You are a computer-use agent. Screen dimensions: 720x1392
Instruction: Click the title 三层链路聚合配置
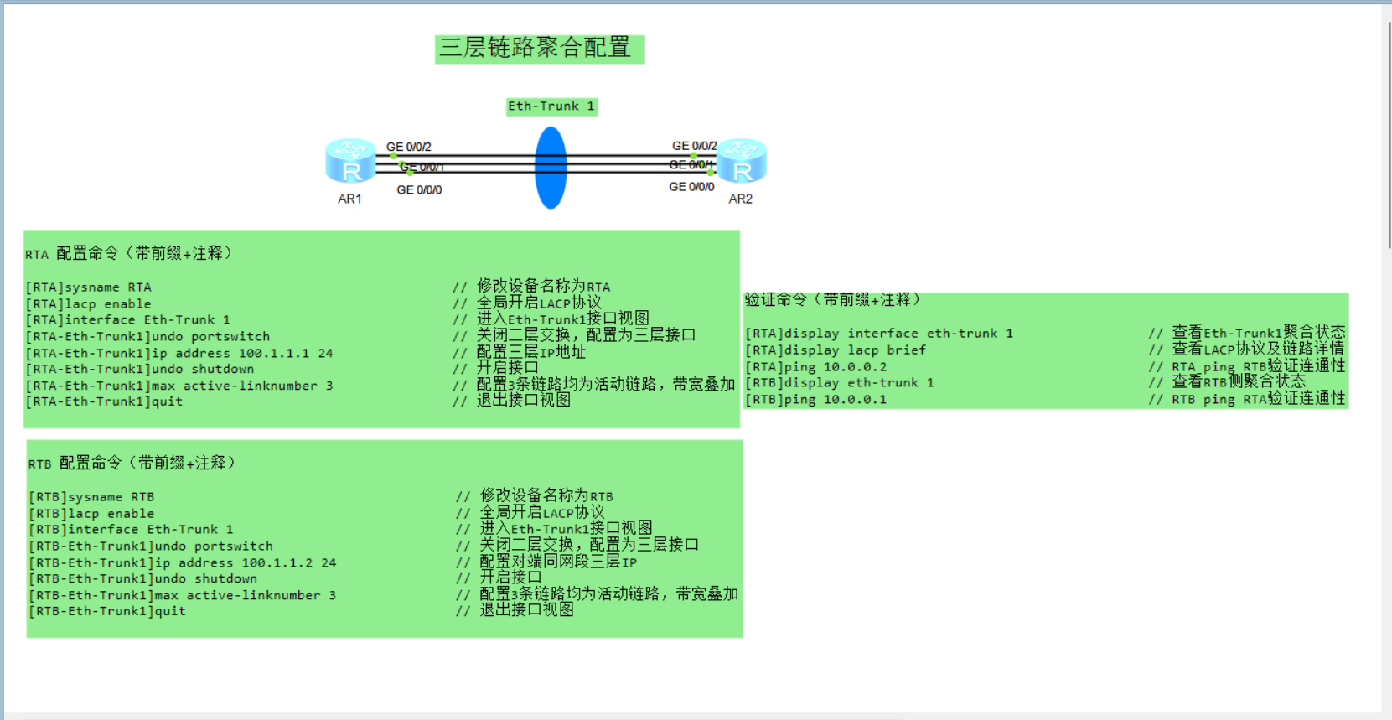[539, 48]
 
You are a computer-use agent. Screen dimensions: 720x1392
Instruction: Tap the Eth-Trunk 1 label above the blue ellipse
[551, 106]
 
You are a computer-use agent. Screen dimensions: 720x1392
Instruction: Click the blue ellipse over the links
[551, 168]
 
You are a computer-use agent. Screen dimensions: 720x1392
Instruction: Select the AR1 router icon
[349, 161]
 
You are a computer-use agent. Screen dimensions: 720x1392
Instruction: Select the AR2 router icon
[742, 161]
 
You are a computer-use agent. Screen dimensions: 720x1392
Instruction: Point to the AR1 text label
[349, 199]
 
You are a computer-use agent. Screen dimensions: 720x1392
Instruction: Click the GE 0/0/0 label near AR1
[419, 190]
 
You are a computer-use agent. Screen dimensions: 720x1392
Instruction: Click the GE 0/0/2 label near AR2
[694, 146]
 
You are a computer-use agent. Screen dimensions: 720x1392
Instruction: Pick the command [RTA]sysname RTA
[89, 287]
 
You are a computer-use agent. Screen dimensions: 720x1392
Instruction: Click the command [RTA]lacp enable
[89, 304]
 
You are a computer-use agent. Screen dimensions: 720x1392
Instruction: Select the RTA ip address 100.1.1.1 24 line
[179, 354]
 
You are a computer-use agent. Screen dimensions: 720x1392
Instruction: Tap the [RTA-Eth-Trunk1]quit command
[104, 401]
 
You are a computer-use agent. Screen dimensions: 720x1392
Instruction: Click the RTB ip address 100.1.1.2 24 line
[183, 563]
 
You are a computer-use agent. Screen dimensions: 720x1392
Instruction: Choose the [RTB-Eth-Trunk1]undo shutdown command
[143, 579]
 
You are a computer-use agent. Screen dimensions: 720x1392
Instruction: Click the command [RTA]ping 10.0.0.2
[816, 367]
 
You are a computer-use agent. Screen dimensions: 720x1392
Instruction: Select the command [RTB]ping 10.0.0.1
[816, 400]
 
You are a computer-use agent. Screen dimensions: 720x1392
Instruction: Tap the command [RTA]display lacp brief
[836, 350]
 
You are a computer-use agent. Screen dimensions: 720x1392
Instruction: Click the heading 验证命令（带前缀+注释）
[832, 299]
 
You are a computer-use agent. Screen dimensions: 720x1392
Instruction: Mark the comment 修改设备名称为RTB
[546, 496]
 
